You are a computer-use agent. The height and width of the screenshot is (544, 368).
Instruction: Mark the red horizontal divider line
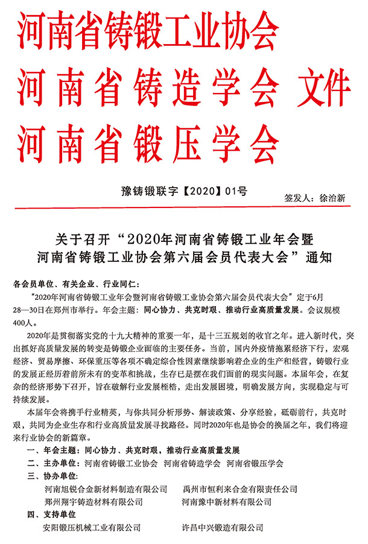184,208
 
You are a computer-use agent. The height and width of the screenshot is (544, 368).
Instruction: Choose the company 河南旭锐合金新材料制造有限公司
106,489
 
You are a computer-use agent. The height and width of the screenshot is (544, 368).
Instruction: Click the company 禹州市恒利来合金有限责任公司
240,489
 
